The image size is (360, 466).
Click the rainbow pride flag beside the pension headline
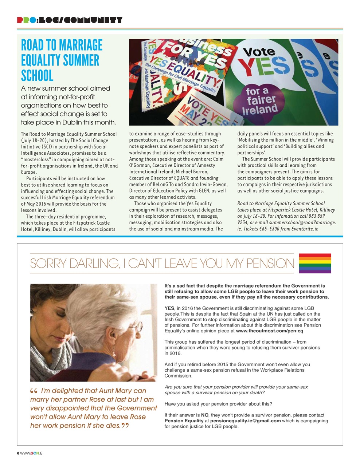(x=315, y=263)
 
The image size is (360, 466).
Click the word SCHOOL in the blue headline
(x=37, y=76)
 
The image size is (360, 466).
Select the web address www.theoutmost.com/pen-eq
(x=269, y=331)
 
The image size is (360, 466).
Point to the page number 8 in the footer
(x=18, y=453)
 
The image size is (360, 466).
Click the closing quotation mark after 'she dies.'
(x=125, y=426)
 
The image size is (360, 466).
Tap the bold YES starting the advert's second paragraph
(x=169, y=308)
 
